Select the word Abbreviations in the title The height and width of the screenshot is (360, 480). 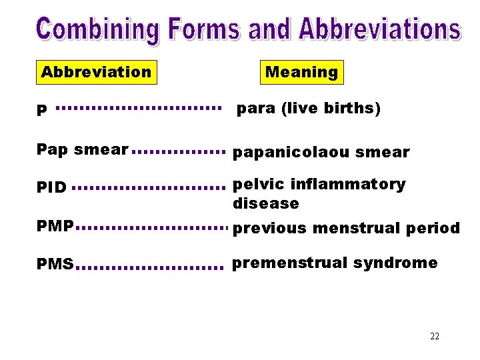click(x=379, y=29)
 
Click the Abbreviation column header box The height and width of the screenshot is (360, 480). click(x=96, y=72)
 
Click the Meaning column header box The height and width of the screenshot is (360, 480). click(x=301, y=72)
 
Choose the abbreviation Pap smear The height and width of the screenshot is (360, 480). click(x=82, y=149)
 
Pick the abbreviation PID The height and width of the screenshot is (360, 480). click(x=51, y=187)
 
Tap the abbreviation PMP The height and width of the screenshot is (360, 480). click(x=55, y=227)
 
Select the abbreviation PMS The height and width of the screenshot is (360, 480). click(x=55, y=265)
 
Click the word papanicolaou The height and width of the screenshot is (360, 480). click(x=291, y=153)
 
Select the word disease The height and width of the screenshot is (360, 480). click(x=265, y=203)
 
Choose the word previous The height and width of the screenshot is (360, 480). click(x=269, y=229)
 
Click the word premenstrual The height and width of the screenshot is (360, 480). click(x=289, y=263)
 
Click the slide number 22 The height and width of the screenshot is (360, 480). click(x=435, y=336)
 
